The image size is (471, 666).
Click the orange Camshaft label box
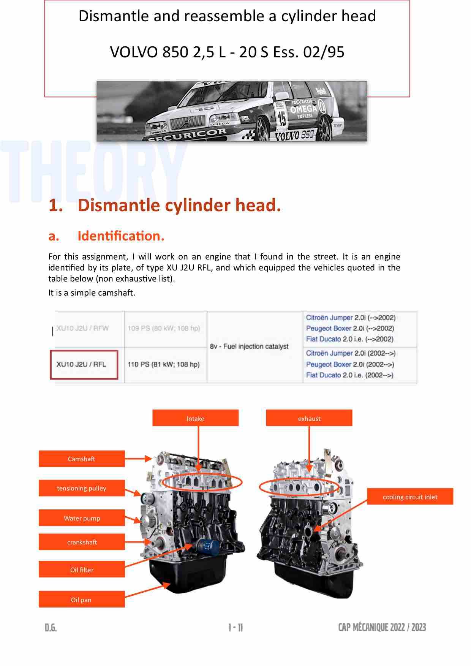(x=82, y=459)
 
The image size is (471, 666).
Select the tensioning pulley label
(x=82, y=488)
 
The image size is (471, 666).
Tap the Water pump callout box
(x=82, y=518)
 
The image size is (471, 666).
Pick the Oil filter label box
(x=82, y=570)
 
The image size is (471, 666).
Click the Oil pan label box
(x=82, y=600)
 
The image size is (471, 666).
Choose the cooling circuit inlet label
(x=410, y=497)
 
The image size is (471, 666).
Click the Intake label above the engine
(x=195, y=418)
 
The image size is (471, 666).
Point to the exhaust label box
(x=309, y=418)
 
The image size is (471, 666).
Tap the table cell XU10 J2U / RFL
(x=81, y=364)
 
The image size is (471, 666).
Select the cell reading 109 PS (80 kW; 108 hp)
(x=164, y=328)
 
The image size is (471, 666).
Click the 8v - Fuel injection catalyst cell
(x=249, y=346)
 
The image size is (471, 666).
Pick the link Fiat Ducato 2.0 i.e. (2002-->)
(x=349, y=375)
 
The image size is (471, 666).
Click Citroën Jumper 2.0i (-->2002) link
(x=351, y=318)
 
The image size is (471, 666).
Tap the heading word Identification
(x=121, y=236)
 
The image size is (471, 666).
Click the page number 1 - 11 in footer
(x=235, y=628)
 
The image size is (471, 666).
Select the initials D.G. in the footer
(x=51, y=628)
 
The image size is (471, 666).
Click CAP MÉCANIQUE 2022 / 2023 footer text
(x=382, y=627)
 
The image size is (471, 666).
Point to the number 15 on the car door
(x=282, y=119)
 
